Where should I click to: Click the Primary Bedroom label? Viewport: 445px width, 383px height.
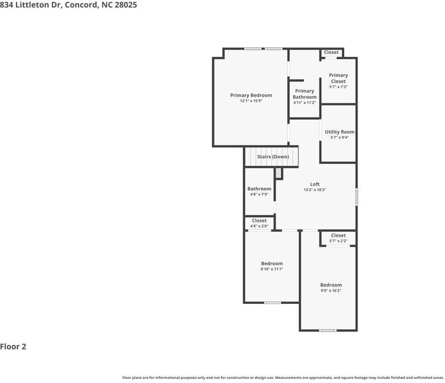(251, 95)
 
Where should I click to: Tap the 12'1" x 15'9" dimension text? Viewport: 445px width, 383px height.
(251, 101)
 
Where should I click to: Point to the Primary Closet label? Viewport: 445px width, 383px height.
(338, 78)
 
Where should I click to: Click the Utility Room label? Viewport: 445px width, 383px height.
(339, 132)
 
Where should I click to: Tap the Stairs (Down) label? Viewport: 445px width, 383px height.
(273, 157)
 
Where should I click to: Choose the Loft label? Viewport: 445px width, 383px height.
(315, 184)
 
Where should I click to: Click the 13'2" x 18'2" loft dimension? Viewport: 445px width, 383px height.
(315, 190)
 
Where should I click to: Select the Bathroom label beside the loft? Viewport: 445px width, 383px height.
(259, 189)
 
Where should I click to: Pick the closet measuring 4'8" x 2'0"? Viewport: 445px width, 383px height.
(259, 223)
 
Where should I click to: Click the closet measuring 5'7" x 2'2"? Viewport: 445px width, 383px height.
(338, 238)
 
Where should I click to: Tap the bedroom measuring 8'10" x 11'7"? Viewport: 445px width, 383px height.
(271, 266)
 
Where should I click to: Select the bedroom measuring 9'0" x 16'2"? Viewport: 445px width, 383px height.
(331, 288)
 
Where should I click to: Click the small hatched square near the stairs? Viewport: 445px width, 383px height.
(278, 173)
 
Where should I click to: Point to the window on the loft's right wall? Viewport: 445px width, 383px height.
(356, 196)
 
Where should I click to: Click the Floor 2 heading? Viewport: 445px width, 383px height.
(13, 347)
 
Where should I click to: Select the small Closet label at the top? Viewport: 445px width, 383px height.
(331, 53)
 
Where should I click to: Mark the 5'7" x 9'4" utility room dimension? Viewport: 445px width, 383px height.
(339, 138)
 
